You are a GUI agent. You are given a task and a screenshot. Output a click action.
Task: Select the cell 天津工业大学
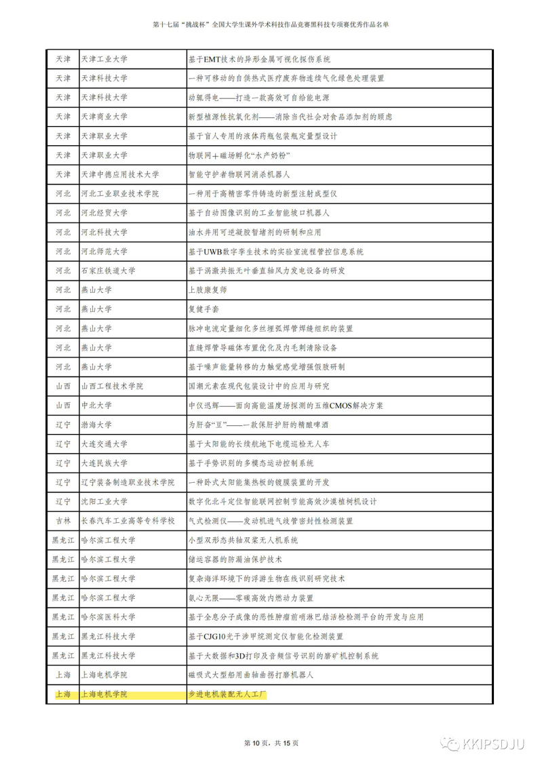tap(104, 59)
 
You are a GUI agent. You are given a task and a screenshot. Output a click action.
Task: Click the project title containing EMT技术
tap(259, 59)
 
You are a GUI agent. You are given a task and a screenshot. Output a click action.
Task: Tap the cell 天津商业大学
tap(104, 117)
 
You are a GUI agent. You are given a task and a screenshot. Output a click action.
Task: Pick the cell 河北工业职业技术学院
tap(119, 193)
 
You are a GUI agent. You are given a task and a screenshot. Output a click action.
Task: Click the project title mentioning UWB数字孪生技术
tap(275, 252)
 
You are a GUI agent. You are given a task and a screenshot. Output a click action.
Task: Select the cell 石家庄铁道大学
tap(108, 271)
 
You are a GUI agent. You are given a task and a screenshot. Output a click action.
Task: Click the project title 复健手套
tap(203, 309)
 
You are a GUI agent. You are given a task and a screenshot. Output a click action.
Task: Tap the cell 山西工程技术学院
tap(112, 386)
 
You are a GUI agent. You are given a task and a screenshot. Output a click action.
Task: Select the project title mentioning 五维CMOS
tap(286, 406)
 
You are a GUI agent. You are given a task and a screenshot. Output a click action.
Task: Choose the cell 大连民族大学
tap(104, 463)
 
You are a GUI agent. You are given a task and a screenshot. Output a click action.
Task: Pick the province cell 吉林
tap(62, 521)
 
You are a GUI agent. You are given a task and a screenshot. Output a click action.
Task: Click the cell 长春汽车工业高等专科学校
tap(128, 521)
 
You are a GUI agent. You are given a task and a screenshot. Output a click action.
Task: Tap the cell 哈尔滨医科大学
tap(108, 617)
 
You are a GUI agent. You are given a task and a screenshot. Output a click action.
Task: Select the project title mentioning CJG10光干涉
tap(265, 637)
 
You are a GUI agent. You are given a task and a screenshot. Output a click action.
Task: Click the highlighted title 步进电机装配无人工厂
tap(228, 694)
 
